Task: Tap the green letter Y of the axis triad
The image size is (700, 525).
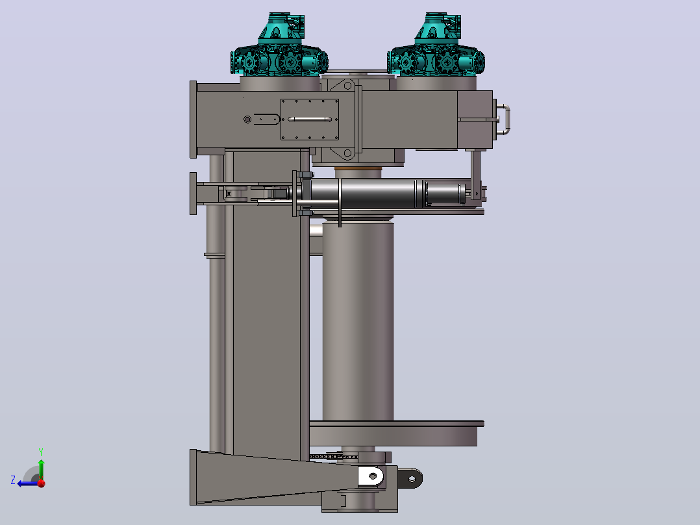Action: pos(41,452)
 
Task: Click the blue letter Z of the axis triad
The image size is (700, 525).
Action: pos(13,480)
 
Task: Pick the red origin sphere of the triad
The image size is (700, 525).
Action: pos(42,483)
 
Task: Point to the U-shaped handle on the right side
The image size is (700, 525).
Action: pos(505,120)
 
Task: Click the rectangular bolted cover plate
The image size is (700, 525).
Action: pos(309,120)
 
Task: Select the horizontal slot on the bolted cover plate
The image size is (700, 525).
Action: pos(309,120)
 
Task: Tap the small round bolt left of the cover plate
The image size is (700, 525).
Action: pos(247,120)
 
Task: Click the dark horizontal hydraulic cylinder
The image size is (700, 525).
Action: pos(384,194)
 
